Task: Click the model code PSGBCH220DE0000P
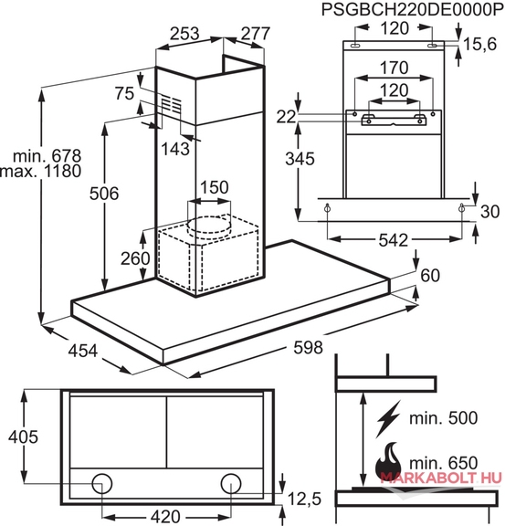[x=413, y=10]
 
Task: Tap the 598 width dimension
[x=308, y=347]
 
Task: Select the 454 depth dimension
[x=82, y=351]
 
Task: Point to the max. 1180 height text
[x=40, y=171]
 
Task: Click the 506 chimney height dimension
[x=104, y=194]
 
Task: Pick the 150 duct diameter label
[x=214, y=187]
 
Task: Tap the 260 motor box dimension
[x=135, y=258]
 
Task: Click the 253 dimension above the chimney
[x=184, y=34]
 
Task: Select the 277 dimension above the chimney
[x=256, y=34]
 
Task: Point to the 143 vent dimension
[x=175, y=149]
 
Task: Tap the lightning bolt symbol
[x=388, y=419]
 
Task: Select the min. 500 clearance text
[x=443, y=418]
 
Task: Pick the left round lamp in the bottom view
[x=102, y=483]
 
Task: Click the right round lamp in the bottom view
[x=231, y=483]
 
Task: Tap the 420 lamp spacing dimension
[x=166, y=516]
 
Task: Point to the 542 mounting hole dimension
[x=394, y=240]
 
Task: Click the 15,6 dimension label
[x=479, y=44]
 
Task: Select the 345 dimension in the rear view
[x=300, y=158]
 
